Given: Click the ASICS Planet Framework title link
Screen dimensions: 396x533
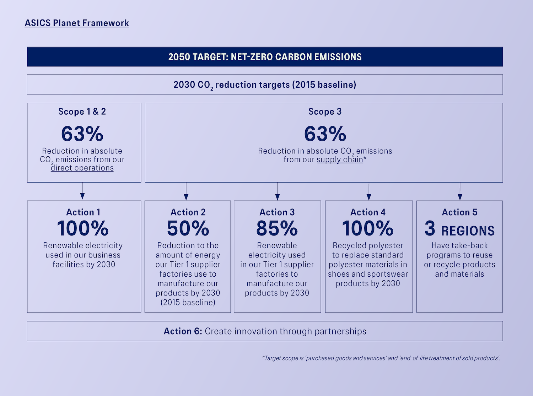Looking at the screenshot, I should (77, 23).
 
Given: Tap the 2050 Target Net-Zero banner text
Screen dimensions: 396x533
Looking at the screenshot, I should (265, 57).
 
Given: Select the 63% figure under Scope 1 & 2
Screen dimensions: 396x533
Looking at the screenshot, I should (82, 134).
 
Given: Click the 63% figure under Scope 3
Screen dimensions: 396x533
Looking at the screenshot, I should (325, 134).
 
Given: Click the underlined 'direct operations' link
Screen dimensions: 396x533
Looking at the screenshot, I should (82, 168).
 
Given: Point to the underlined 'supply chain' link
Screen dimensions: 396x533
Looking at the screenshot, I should (340, 159).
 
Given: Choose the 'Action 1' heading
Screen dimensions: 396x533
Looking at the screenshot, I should (83, 212).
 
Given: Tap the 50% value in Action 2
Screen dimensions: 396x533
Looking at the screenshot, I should (188, 228).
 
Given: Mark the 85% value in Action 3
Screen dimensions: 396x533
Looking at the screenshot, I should (277, 228).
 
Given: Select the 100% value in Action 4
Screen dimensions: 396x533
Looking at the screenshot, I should (368, 228).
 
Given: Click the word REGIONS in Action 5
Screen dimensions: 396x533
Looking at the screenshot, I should (468, 231).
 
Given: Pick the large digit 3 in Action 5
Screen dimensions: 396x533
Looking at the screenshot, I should (430, 228).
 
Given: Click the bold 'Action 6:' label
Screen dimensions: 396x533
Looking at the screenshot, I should (183, 331).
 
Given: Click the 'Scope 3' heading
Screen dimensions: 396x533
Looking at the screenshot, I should (325, 112).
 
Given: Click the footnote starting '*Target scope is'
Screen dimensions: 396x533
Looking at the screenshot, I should (381, 358).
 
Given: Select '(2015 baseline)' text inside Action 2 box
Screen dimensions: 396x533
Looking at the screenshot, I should (188, 302).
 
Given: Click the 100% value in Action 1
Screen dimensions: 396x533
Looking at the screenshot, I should (82, 228).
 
